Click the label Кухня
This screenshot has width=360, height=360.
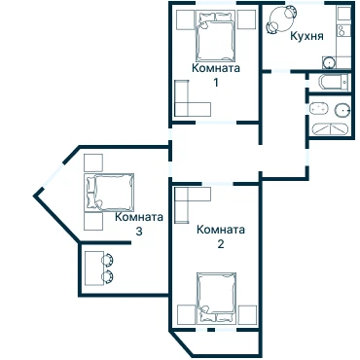pos(306,36)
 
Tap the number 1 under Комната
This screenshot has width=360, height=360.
pos(216,83)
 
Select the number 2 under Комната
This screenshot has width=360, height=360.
pos(221,243)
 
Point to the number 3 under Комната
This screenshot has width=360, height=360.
pos(139,232)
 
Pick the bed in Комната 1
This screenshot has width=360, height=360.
pos(215,36)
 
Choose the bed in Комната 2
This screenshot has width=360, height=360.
pos(216,298)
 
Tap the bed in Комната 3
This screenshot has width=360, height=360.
pos(109,193)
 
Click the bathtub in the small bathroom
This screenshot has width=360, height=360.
pos(334,83)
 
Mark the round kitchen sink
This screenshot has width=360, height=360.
pos(329,62)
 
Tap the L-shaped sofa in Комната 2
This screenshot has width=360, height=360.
pos(188,200)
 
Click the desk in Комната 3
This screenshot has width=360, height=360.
pos(94,269)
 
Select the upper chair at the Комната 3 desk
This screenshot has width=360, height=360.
pos(108,260)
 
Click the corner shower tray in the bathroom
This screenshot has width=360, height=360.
pos(330,128)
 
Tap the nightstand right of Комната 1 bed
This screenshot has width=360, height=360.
pos(247,19)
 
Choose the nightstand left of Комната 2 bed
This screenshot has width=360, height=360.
pos(187,314)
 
